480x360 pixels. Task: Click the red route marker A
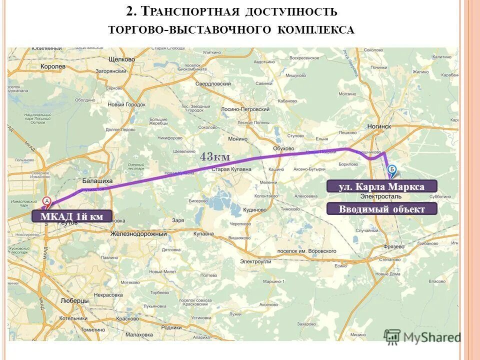(x=47, y=201)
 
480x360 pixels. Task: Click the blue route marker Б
(x=392, y=169)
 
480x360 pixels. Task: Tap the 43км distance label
(x=215, y=157)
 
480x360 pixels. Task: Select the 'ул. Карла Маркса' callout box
(x=381, y=186)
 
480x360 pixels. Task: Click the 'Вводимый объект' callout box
(x=381, y=209)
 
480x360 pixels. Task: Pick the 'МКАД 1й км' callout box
(x=71, y=216)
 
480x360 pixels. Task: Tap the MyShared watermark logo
(x=422, y=337)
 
